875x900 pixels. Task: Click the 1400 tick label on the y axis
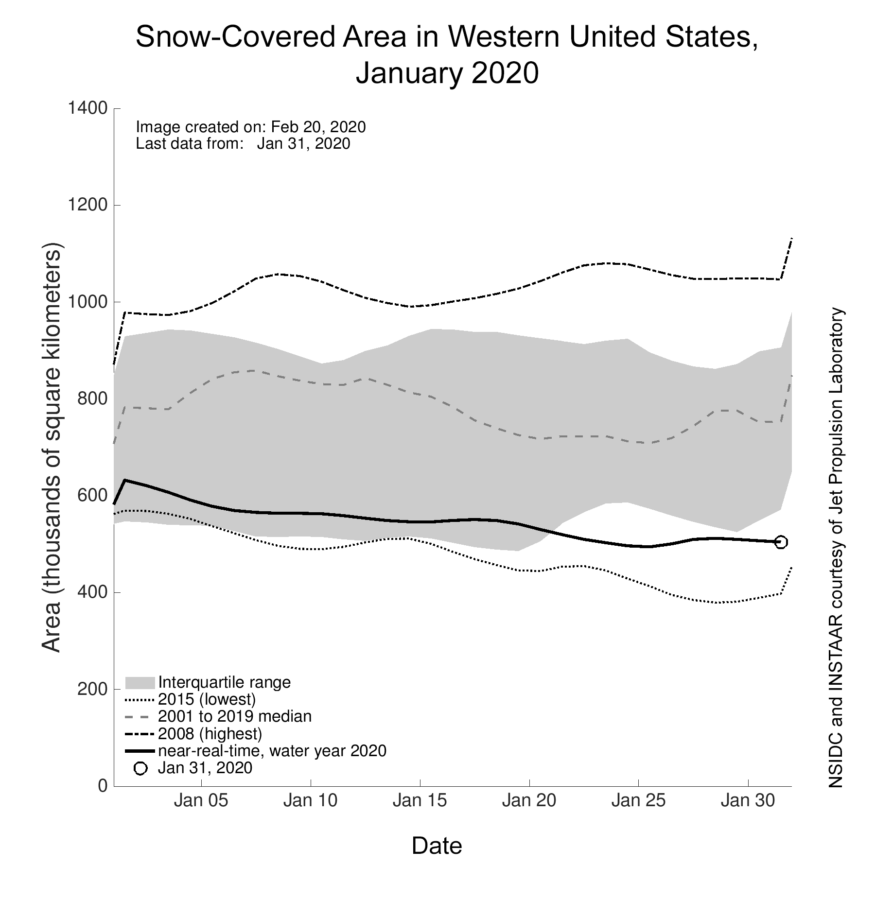pyautogui.click(x=87, y=108)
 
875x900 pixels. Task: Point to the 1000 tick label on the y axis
pyautogui.click(x=87, y=302)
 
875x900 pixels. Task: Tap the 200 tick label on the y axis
pyautogui.click(x=92, y=689)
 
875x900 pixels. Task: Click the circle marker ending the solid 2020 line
pyautogui.click(x=781, y=542)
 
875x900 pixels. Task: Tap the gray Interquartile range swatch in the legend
pyautogui.click(x=140, y=682)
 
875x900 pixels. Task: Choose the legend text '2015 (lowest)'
pyautogui.click(x=207, y=699)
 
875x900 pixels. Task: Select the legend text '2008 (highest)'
pyautogui.click(x=210, y=733)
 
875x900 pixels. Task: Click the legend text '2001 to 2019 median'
pyautogui.click(x=235, y=716)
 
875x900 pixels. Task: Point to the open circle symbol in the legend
pyautogui.click(x=140, y=768)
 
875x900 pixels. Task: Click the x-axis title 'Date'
pyautogui.click(x=437, y=846)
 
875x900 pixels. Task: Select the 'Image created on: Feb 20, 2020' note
pyautogui.click(x=250, y=127)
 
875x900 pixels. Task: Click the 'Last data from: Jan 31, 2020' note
pyautogui.click(x=243, y=143)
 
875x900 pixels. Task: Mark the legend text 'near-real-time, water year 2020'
pyautogui.click(x=272, y=751)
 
